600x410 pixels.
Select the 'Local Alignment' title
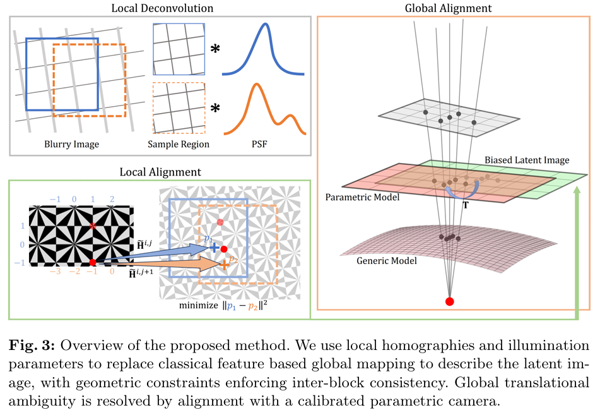[160, 172]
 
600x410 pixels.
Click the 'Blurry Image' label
[71, 144]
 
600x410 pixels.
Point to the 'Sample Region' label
[179, 144]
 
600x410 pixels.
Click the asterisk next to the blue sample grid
[215, 48]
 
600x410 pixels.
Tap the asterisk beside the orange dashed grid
[215, 108]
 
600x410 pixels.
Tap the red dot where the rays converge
[449, 301]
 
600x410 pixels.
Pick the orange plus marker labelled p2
[223, 265]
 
